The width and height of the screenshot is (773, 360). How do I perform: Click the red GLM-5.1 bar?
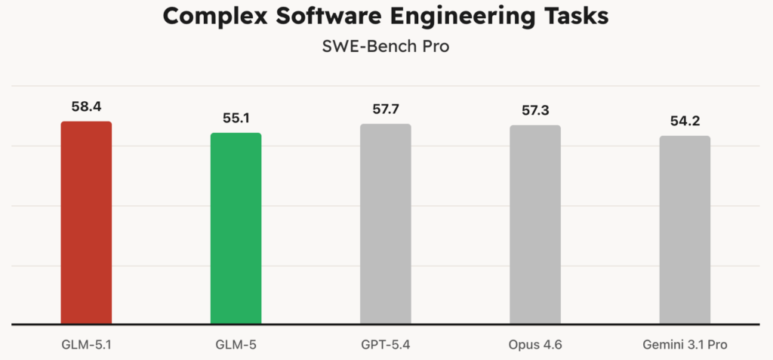point(86,223)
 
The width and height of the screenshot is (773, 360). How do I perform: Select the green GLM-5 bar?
point(236,229)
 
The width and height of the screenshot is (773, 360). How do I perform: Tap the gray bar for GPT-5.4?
point(385,224)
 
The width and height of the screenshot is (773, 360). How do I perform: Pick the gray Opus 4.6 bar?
point(534,225)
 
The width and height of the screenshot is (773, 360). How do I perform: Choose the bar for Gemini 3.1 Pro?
point(685,230)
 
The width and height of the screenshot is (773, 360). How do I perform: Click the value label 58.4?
point(86,106)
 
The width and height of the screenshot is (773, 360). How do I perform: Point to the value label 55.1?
point(236,118)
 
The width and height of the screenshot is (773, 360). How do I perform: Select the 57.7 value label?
point(386,109)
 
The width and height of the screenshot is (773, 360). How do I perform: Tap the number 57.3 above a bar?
point(535,111)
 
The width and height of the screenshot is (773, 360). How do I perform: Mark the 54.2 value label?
point(685,122)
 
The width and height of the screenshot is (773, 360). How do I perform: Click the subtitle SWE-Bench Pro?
point(386,48)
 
